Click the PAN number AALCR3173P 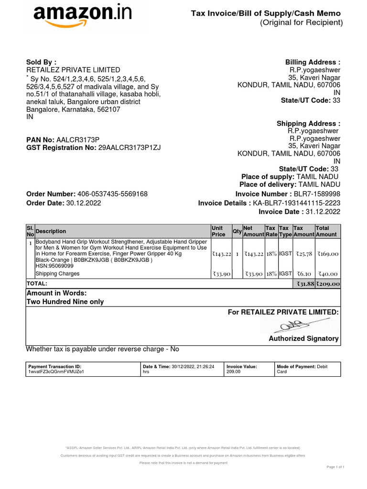pos(78,139)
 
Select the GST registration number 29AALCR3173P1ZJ pos(130,148)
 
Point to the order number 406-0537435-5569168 pos(112,194)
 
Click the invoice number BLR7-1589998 pos(317,194)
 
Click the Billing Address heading pos(313,62)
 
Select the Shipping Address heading pos(308,124)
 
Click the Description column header pos(51,231)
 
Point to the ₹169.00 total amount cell pos(328,254)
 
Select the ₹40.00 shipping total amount pos(328,274)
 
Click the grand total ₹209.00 pos(328,284)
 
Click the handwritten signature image pos(286,326)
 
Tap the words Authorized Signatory pos(303,339)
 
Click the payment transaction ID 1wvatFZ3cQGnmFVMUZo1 pos(56,372)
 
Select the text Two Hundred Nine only pos(65,302)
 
